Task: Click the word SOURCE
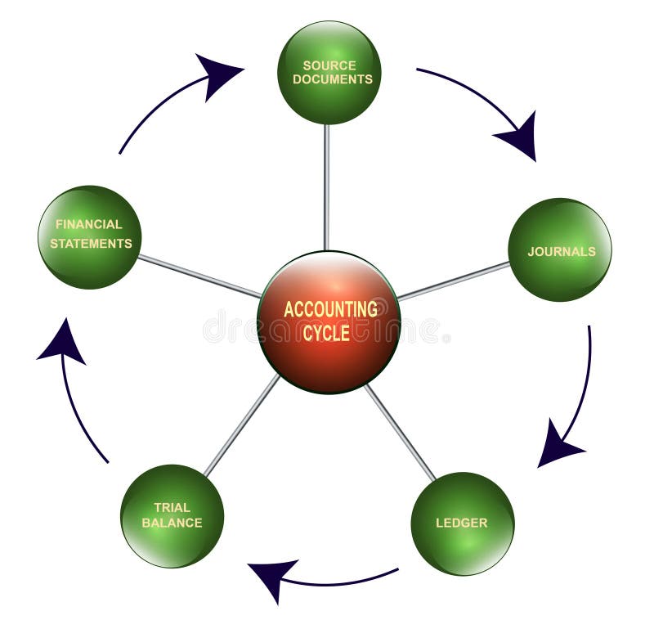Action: [x=329, y=65]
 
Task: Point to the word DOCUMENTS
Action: [x=332, y=79]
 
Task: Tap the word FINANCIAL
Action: [x=88, y=224]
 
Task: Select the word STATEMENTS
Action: [x=91, y=243]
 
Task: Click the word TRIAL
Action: [x=172, y=508]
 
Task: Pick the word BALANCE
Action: [x=172, y=523]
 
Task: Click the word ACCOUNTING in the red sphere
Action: [x=330, y=309]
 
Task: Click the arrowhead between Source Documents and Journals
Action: [x=520, y=135]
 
